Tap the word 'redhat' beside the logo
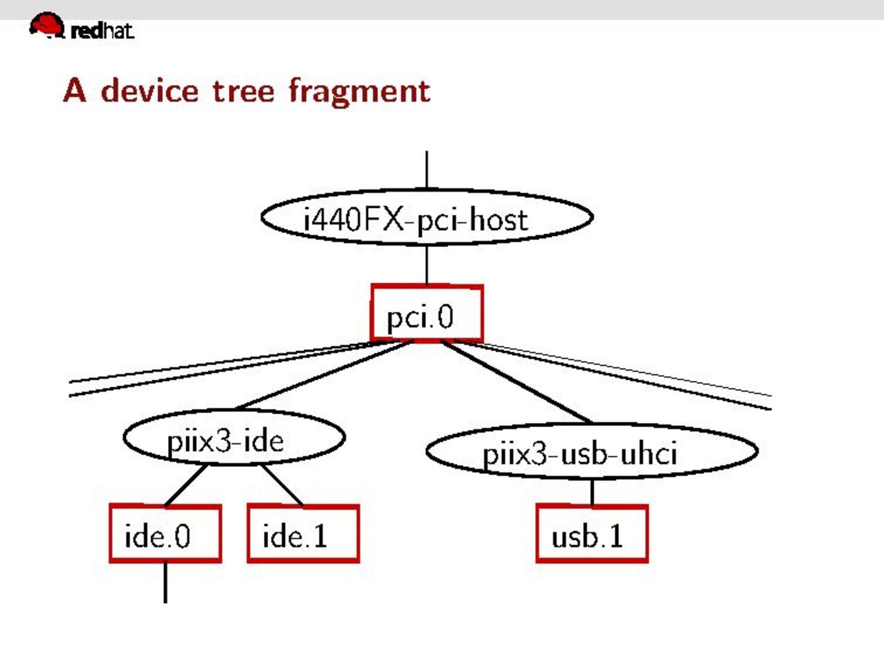point(102,31)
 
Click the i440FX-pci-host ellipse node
point(427,217)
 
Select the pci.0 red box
point(427,314)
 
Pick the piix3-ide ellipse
point(234,439)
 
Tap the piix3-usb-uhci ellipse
point(591,452)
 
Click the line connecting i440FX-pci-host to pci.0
point(427,265)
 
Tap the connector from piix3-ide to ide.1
point(282,486)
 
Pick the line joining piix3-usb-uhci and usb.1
point(592,493)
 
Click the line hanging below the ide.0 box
point(165,582)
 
